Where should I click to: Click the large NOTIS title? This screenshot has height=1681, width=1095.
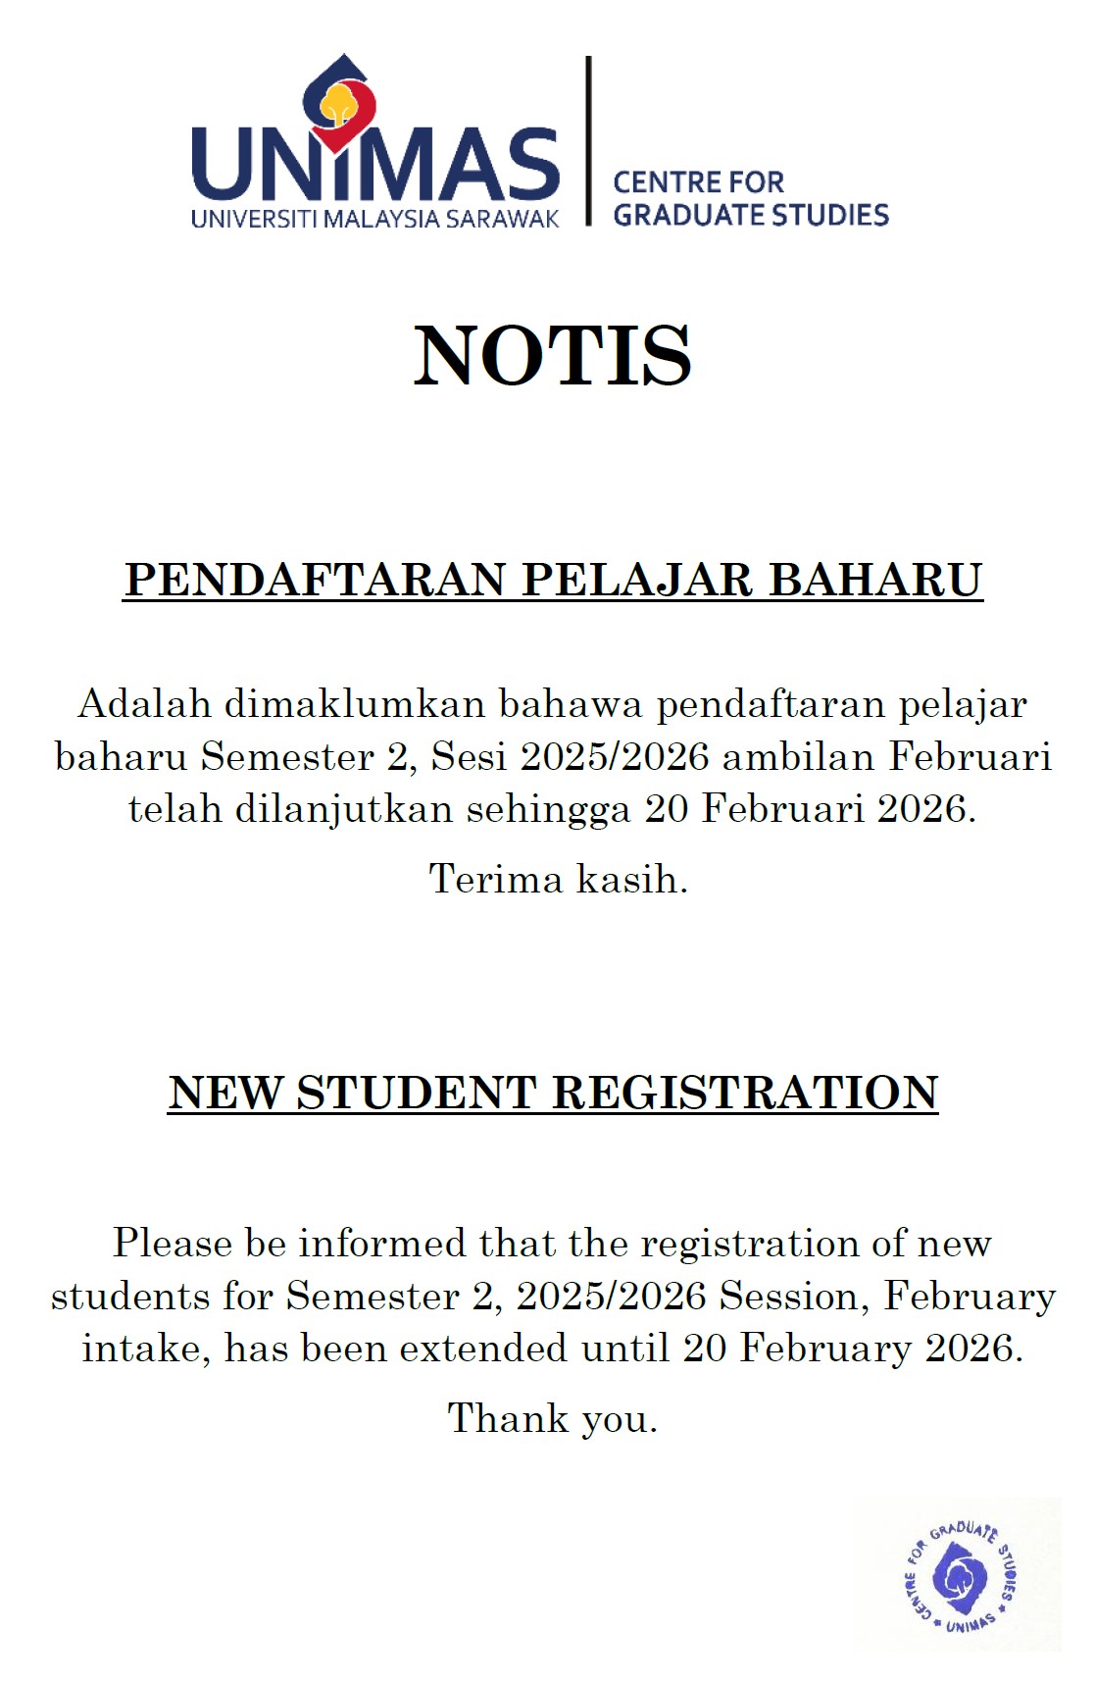552,355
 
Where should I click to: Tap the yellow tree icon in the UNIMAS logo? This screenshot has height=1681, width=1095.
338,102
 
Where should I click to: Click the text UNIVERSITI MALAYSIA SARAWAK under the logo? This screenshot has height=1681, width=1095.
374,219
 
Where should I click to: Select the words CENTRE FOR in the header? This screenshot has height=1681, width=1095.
698,182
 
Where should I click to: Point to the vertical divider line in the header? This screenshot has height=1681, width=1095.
588,141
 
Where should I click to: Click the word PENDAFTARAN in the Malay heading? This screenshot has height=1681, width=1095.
316,580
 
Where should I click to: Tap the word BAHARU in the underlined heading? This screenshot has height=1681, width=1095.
874,580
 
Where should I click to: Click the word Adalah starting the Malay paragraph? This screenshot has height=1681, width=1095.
144,704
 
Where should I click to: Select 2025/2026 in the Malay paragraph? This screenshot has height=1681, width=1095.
615,756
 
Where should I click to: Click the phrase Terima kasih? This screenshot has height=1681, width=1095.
558,879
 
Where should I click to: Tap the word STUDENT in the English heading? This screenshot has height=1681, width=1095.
417,1094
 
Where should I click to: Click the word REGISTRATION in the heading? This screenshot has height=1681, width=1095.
745,1094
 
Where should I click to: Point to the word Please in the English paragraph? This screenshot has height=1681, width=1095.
173,1244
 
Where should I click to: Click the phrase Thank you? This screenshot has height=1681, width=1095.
552,1419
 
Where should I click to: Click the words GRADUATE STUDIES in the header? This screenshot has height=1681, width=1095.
751,215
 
